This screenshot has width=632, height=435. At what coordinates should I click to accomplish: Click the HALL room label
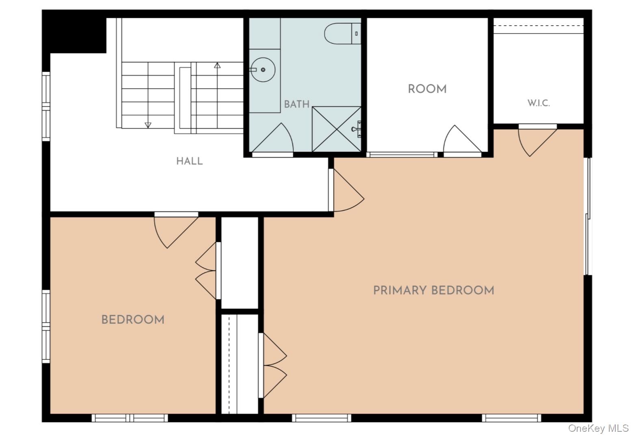(x=189, y=161)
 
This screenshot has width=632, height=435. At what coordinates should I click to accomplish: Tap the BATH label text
(x=297, y=104)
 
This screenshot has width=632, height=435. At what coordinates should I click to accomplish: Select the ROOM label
(x=427, y=89)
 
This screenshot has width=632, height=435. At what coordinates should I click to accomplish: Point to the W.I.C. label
(x=539, y=103)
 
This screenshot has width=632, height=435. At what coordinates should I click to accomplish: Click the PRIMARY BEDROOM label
(x=434, y=291)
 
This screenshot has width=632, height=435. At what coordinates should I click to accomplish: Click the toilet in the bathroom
(x=342, y=34)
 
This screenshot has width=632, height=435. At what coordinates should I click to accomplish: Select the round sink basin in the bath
(x=263, y=70)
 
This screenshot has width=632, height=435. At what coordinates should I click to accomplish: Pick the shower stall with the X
(x=337, y=129)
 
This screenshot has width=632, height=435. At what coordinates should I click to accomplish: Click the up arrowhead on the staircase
(x=217, y=65)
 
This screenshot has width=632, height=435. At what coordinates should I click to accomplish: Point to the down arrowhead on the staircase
(x=148, y=125)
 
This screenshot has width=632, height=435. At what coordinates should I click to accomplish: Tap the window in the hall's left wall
(x=46, y=106)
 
